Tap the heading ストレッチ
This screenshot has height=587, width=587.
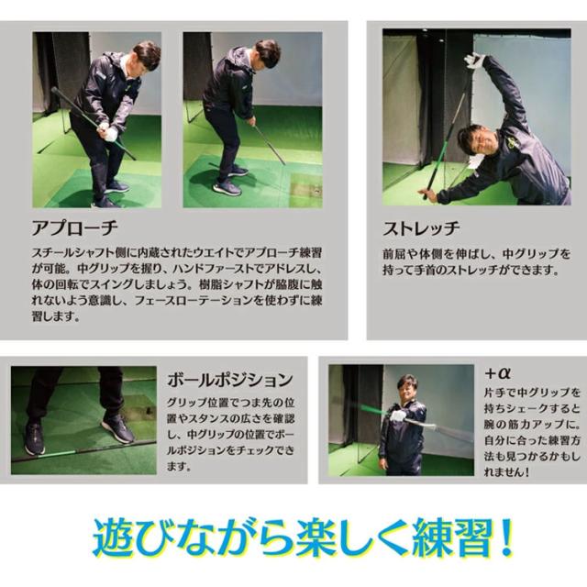coord(421,228)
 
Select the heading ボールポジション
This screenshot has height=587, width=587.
coord(231,378)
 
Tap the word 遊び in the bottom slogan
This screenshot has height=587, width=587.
coord(136,538)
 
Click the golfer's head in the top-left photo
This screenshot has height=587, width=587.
coord(145,55)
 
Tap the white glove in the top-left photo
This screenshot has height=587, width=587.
coord(110,133)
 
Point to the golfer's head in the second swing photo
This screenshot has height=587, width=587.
coord(266,52)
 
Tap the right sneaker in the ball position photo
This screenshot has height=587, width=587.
coord(118,426)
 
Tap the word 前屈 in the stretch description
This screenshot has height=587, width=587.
coord(396,252)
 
